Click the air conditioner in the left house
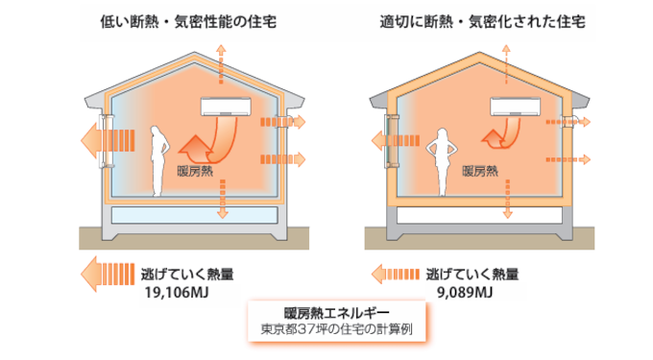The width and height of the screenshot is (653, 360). pyautogui.click(x=226, y=107)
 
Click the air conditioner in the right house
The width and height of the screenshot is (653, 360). pyautogui.click(x=515, y=107)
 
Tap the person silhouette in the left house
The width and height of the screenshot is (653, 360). pyautogui.click(x=159, y=160)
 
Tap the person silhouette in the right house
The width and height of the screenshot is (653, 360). pyautogui.click(x=442, y=162)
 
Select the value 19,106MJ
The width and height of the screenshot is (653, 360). pyautogui.click(x=177, y=293)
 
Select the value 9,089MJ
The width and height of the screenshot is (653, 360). pyautogui.click(x=465, y=293)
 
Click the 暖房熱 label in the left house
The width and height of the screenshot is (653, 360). pyautogui.click(x=195, y=171)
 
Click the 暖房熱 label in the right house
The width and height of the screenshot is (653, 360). pyautogui.click(x=480, y=171)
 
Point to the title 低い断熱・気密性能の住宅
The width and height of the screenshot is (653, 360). pyautogui.click(x=188, y=22)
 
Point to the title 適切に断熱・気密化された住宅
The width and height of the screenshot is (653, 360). pyautogui.click(x=483, y=22)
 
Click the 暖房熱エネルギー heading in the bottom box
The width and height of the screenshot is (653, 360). pyautogui.click(x=336, y=313)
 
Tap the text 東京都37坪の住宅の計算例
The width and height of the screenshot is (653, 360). pyautogui.click(x=336, y=329)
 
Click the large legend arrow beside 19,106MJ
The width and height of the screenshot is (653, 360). pyautogui.click(x=108, y=274)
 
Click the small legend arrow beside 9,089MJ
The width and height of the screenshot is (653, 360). pyautogui.click(x=396, y=275)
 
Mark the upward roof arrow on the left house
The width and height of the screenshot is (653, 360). pyautogui.click(x=221, y=64)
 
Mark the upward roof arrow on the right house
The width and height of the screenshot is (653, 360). pyautogui.click(x=506, y=64)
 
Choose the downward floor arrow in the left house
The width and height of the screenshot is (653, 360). pyautogui.click(x=223, y=199)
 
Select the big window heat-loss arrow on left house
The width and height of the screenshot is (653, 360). pyautogui.click(x=108, y=140)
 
